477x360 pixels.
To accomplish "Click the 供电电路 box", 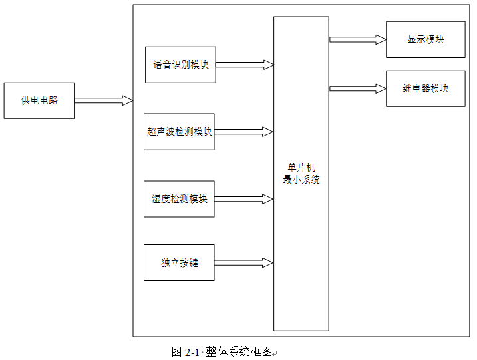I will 39,100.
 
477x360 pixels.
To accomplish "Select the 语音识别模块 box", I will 180,65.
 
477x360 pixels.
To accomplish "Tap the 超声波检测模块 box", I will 179,132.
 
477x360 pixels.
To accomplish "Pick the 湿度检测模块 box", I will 179,199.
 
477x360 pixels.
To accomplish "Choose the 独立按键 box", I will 179,262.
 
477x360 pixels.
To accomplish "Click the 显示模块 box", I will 425,39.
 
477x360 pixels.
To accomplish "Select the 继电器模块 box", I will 425,89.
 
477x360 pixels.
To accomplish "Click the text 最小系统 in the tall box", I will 301,180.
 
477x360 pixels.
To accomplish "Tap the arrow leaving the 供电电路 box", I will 103,100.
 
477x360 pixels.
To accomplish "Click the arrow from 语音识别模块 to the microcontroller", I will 244,65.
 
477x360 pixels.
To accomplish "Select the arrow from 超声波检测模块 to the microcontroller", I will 243,132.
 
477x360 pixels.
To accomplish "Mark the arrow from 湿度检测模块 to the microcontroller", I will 243,199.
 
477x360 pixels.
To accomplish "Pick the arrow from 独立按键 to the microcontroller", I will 243,262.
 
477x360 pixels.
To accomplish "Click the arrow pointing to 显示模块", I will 357,39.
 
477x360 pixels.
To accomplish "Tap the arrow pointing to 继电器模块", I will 357,89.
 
